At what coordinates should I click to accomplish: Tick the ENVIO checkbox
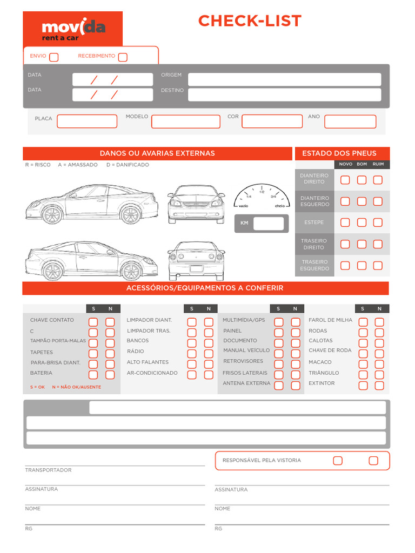(x=53, y=57)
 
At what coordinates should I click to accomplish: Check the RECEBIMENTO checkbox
(x=123, y=57)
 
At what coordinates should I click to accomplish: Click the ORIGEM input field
(x=284, y=79)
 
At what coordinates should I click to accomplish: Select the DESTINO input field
(x=284, y=95)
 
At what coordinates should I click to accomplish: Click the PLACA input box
(x=87, y=121)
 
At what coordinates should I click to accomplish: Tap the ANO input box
(x=350, y=122)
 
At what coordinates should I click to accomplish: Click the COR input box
(x=272, y=121)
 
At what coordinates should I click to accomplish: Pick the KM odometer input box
(x=269, y=223)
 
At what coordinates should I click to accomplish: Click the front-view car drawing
(x=196, y=204)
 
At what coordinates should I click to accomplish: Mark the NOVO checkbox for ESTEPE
(x=345, y=222)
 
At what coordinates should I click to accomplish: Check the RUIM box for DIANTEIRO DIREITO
(x=378, y=180)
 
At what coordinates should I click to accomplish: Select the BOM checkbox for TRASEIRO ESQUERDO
(x=362, y=265)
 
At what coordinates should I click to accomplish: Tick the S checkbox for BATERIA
(x=93, y=374)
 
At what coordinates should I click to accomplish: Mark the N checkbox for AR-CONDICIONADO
(x=209, y=374)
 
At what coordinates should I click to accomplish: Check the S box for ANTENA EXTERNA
(x=279, y=385)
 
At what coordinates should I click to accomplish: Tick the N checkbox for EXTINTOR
(x=379, y=385)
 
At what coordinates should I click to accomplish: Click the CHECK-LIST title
(x=250, y=21)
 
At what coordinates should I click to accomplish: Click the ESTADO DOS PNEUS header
(x=339, y=153)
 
